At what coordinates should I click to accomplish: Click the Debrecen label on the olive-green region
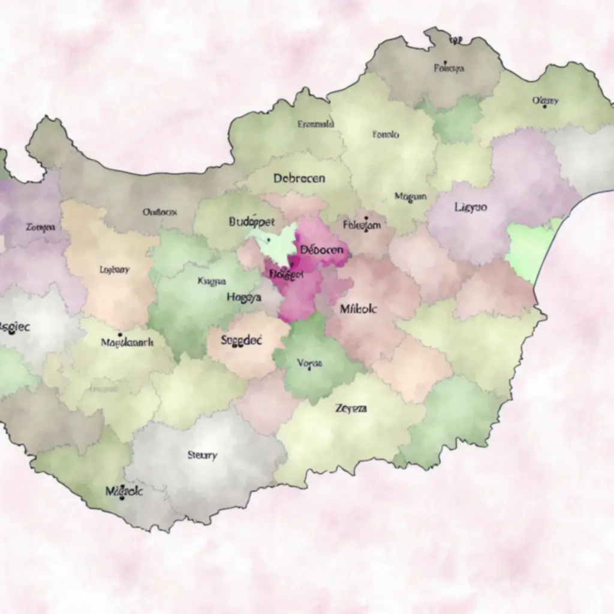(x=299, y=178)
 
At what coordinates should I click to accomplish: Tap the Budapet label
(x=252, y=221)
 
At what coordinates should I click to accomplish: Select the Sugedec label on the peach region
(x=241, y=340)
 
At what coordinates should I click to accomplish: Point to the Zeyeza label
(x=351, y=408)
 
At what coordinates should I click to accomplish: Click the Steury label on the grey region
(x=202, y=455)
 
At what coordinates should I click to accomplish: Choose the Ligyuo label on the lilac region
(x=471, y=207)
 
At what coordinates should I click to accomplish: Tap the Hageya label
(x=244, y=297)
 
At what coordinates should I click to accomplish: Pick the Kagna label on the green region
(x=211, y=281)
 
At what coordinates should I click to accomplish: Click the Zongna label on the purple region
(x=41, y=227)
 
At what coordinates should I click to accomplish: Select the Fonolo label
(x=386, y=135)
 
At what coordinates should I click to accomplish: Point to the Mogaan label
(x=411, y=196)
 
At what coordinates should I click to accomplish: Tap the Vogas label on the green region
(x=310, y=363)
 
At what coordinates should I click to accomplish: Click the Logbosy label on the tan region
(x=114, y=270)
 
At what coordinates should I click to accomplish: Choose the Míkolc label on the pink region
(x=359, y=309)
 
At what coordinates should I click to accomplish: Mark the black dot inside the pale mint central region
(x=269, y=239)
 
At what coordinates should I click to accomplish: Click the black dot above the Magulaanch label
(x=120, y=335)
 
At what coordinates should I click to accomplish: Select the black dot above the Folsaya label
(x=446, y=62)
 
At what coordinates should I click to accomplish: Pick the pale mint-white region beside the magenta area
(x=276, y=241)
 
